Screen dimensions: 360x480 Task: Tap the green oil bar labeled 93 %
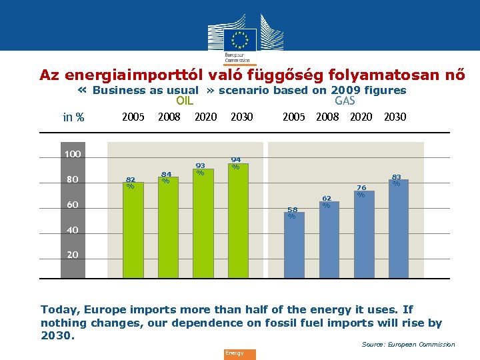(x=203, y=223)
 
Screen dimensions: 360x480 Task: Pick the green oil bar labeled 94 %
(x=237, y=220)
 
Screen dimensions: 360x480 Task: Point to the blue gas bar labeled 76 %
(x=363, y=233)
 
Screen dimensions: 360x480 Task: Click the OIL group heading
(x=185, y=101)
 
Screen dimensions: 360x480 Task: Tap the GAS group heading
(x=345, y=101)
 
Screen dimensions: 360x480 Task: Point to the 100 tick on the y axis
(x=72, y=154)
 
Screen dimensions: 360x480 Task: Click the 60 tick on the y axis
(x=72, y=205)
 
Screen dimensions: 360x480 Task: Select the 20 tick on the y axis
(x=72, y=255)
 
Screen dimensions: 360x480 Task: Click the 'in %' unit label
(x=73, y=118)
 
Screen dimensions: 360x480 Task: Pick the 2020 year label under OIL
(x=205, y=117)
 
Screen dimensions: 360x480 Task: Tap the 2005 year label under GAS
(x=294, y=117)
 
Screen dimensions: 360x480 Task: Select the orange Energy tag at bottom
(x=239, y=354)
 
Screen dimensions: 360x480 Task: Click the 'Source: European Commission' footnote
(x=408, y=345)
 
